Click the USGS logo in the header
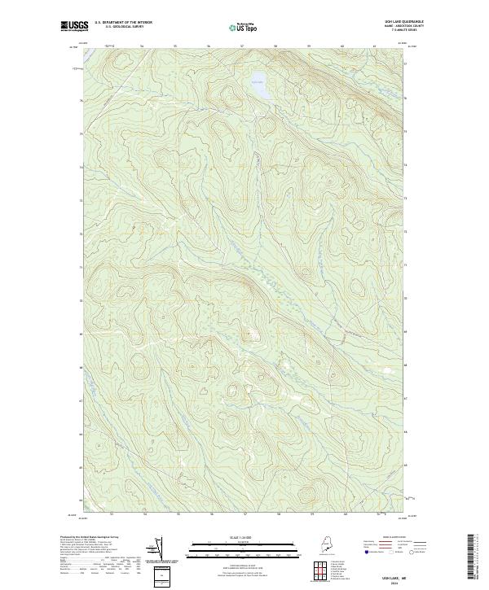tap(75, 26)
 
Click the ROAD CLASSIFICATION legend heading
tap(394, 538)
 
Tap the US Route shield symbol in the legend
tap(390, 553)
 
